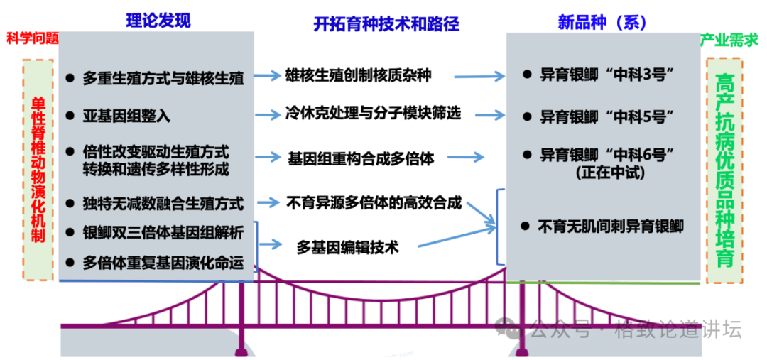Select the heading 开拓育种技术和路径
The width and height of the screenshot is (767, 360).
[x=386, y=24]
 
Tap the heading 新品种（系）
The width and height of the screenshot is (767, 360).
[x=602, y=22]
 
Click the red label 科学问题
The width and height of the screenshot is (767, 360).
[x=32, y=38]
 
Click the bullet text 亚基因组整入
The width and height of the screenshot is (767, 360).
[x=126, y=115]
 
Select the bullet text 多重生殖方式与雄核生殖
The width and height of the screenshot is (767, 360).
[x=163, y=79]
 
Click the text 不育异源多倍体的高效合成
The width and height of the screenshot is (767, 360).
[x=374, y=203]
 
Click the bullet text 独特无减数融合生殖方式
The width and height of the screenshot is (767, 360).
[x=163, y=204]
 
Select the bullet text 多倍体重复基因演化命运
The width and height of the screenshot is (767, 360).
[x=163, y=263]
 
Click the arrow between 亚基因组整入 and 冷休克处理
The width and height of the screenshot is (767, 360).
[x=268, y=114]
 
